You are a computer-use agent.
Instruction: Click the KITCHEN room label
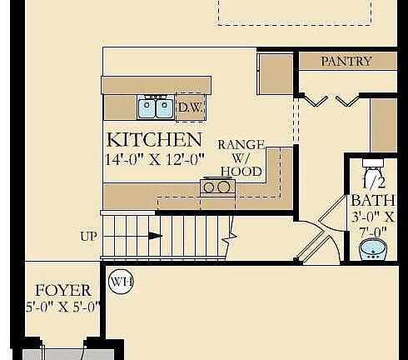coord(154,139)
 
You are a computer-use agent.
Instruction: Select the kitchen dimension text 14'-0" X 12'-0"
coord(154,160)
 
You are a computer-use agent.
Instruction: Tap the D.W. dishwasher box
coord(191,107)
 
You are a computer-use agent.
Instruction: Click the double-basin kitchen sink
coord(156,107)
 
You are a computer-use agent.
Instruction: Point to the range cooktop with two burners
coord(216,187)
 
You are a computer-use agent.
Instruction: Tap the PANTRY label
coord(346,61)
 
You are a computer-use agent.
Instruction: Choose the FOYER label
coord(63,290)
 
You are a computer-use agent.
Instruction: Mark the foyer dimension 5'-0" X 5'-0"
coord(62,306)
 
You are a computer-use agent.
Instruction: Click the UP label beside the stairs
coord(89,236)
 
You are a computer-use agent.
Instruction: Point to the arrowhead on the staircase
coord(155,236)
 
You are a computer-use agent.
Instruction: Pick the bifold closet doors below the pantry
coord(331,100)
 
